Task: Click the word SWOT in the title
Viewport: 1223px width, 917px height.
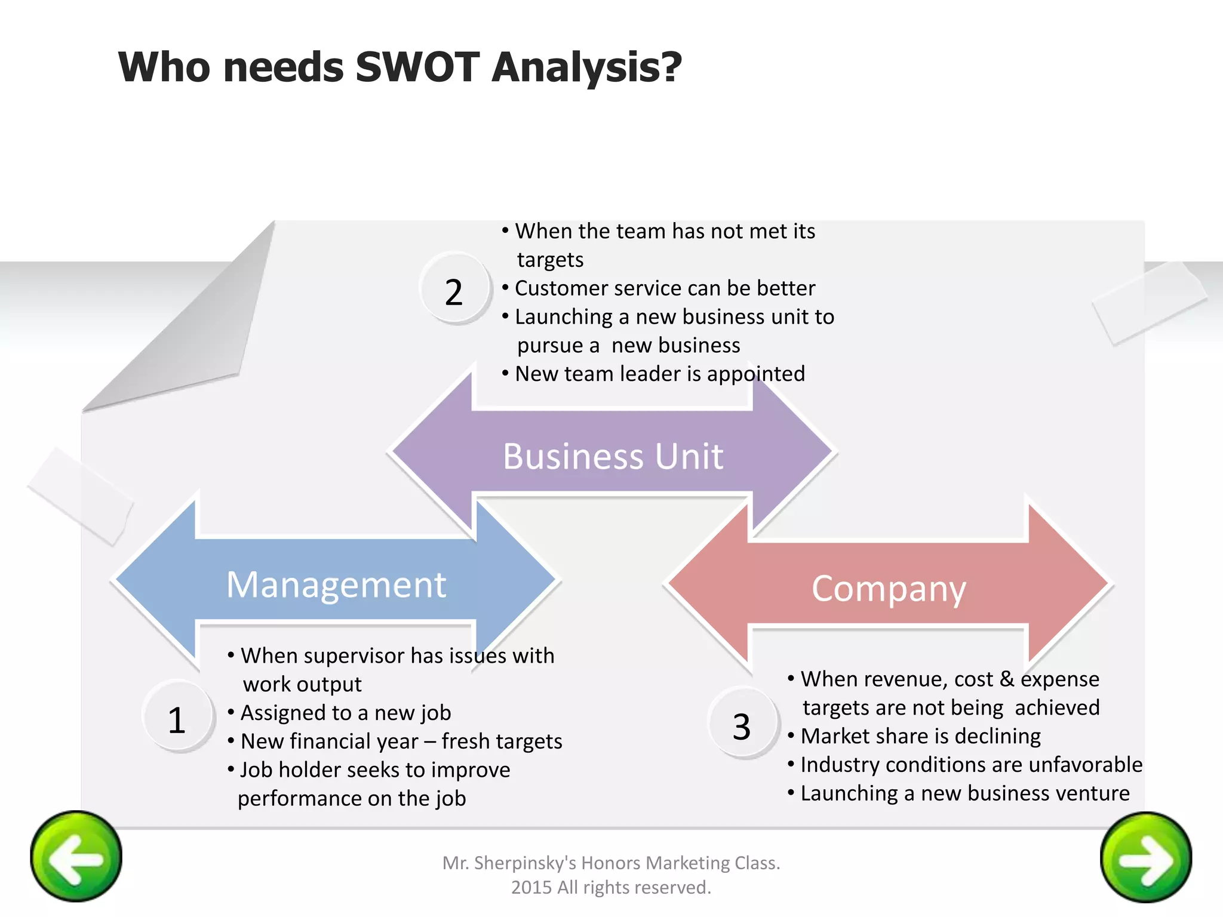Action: tap(417, 67)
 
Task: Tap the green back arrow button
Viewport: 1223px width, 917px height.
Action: tap(76, 857)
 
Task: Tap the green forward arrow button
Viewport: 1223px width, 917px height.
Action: tap(1145, 858)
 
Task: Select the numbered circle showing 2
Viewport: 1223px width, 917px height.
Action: tap(454, 291)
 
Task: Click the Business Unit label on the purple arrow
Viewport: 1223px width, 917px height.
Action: tap(613, 457)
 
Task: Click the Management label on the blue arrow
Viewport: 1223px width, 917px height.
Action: tap(336, 584)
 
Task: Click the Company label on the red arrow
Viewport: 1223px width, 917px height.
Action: tap(889, 589)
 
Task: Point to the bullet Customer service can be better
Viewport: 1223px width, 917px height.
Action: tap(664, 288)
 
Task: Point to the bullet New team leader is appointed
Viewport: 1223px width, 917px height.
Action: tap(659, 374)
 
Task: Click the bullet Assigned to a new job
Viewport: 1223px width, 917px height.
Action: tap(345, 713)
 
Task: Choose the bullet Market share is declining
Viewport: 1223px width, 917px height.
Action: tap(920, 736)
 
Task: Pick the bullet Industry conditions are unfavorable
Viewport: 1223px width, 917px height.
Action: tap(970, 765)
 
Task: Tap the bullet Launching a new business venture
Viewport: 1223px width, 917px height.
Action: tap(964, 793)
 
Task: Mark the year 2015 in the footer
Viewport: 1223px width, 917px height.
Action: tap(531, 888)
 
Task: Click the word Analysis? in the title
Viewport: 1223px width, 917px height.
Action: tap(586, 67)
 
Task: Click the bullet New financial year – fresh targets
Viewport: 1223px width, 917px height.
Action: tap(401, 741)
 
